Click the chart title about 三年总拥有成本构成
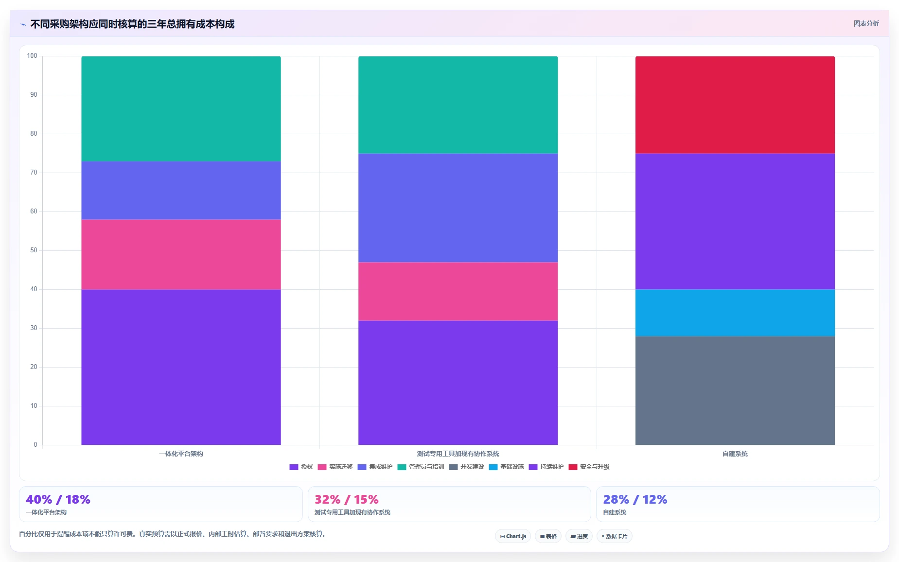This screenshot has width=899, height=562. click(x=132, y=24)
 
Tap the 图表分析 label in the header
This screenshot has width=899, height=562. click(x=866, y=23)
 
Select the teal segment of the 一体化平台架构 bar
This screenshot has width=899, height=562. click(x=181, y=108)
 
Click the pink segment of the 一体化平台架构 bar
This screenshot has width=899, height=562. click(x=181, y=254)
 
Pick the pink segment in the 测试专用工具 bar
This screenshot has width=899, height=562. click(x=458, y=291)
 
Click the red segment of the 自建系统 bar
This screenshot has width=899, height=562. click(x=735, y=105)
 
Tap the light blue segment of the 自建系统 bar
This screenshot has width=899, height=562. click(x=735, y=313)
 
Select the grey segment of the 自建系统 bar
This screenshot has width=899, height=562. click(x=735, y=390)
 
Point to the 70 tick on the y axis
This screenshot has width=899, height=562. click(x=34, y=173)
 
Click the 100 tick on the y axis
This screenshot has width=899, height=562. click(x=32, y=56)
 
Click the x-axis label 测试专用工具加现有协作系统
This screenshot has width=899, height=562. click(x=458, y=454)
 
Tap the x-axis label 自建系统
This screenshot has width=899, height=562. click(x=735, y=454)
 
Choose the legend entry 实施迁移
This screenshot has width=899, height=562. click(x=335, y=467)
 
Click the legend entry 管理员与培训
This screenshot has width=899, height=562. click(x=421, y=467)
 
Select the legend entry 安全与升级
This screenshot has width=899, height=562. click(x=589, y=467)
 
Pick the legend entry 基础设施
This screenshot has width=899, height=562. click(x=506, y=467)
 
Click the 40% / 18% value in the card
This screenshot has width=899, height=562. click(x=58, y=499)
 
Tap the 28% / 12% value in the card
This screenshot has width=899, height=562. click(x=635, y=499)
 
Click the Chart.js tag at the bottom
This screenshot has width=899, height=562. click(x=513, y=536)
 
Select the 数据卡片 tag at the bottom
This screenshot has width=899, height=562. click(x=614, y=536)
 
